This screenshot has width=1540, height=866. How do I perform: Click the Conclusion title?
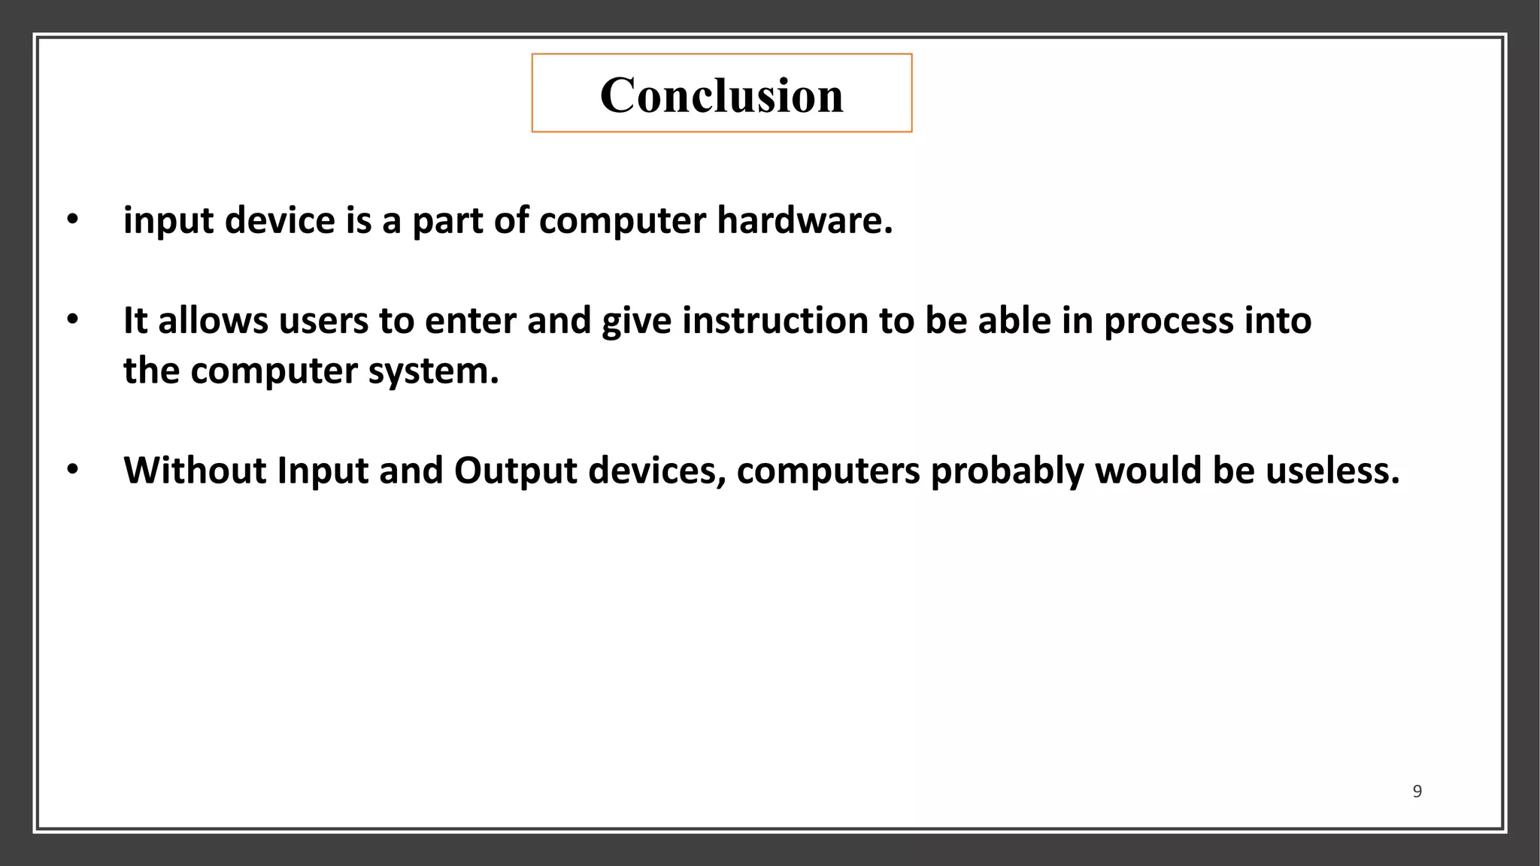(721, 95)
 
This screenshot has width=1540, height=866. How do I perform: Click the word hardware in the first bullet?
(804, 220)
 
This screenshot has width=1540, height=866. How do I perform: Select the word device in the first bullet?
(280, 220)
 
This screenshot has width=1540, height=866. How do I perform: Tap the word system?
(433, 371)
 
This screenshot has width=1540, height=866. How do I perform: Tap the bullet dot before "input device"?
(72, 220)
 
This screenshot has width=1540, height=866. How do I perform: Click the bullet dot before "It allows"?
(72, 320)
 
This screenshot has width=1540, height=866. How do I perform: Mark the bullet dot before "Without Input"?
(72, 471)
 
